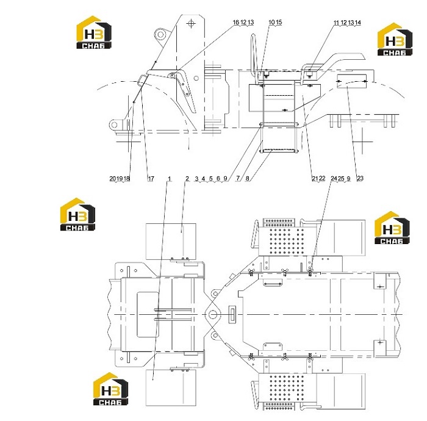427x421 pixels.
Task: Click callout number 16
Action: click(236, 22)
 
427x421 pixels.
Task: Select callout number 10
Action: click(271, 22)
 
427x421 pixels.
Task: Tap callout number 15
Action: click(279, 22)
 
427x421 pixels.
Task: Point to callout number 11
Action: click(337, 23)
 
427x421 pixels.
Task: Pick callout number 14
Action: click(358, 23)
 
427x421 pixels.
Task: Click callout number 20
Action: click(113, 179)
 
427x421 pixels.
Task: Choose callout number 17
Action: click(151, 179)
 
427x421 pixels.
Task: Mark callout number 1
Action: click(170, 179)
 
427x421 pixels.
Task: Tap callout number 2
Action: click(187, 179)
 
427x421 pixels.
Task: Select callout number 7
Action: click(238, 178)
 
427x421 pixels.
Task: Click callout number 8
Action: click(247, 178)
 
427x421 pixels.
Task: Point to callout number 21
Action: click(315, 178)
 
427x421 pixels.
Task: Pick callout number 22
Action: click(322, 178)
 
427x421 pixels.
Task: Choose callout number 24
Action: click(334, 178)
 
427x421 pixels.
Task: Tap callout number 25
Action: click(341, 178)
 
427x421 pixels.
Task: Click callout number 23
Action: click(360, 178)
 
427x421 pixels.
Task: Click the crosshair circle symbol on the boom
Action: click(191, 23)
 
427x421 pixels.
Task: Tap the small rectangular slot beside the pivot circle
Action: click(232, 314)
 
